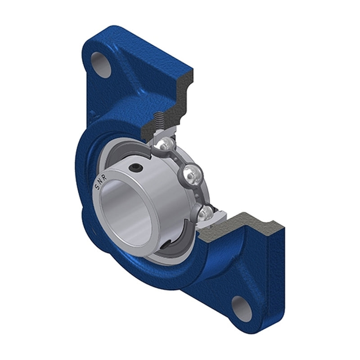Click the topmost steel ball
pyautogui.click(x=166, y=144)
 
